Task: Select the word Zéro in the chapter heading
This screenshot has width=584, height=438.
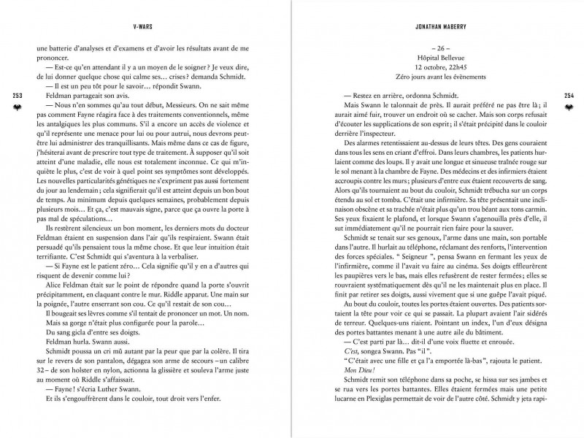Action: click(x=396, y=77)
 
